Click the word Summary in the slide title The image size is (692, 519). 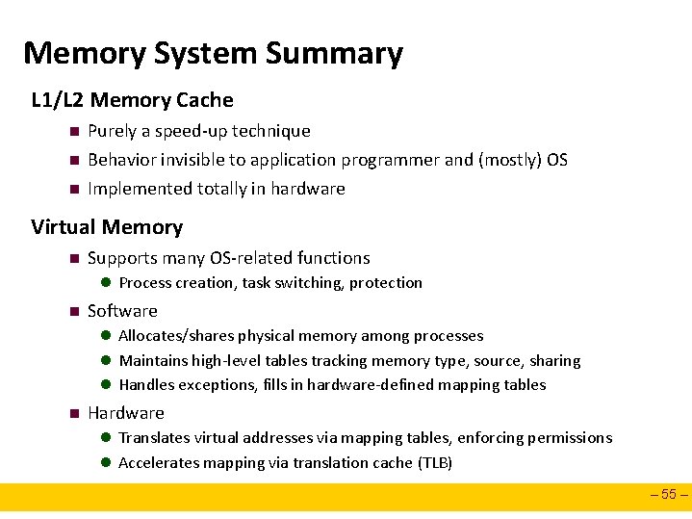click(334, 54)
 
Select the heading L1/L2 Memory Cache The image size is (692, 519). click(132, 100)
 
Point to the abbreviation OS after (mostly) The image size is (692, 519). click(556, 160)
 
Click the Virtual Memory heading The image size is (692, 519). click(106, 227)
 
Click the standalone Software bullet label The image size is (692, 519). click(122, 311)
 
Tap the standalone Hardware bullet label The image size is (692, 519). click(126, 413)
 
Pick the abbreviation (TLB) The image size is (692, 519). click(434, 463)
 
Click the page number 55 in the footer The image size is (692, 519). click(670, 497)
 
